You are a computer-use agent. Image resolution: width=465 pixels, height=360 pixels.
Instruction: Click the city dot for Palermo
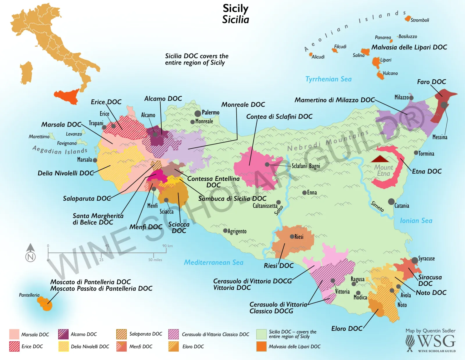(198, 113)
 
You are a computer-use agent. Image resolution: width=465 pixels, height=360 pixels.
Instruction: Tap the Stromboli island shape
(407, 19)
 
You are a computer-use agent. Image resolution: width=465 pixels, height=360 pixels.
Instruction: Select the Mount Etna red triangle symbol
(380, 159)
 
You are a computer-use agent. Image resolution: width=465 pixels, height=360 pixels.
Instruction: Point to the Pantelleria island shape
(45, 304)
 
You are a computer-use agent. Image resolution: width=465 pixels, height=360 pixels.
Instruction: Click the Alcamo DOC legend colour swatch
(63, 334)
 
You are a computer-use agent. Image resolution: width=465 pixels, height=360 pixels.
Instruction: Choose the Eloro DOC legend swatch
(174, 346)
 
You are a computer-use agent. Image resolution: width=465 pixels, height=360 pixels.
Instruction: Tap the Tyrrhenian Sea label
(328, 79)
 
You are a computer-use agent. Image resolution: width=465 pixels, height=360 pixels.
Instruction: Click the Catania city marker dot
(391, 202)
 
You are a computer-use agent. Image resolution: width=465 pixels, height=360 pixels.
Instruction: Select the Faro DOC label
(431, 82)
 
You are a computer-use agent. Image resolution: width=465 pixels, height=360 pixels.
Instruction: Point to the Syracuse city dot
(415, 260)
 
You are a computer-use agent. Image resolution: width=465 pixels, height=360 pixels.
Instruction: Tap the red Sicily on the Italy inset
(67, 96)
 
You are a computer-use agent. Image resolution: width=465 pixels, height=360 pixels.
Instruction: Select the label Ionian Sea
(416, 221)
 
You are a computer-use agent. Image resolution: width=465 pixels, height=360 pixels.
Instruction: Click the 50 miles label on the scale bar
(155, 260)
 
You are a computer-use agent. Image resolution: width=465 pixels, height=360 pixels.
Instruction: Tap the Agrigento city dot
(225, 231)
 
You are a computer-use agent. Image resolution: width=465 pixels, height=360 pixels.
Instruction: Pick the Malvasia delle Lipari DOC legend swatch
(261, 346)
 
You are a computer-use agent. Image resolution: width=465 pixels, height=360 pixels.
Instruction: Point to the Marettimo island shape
(52, 136)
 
